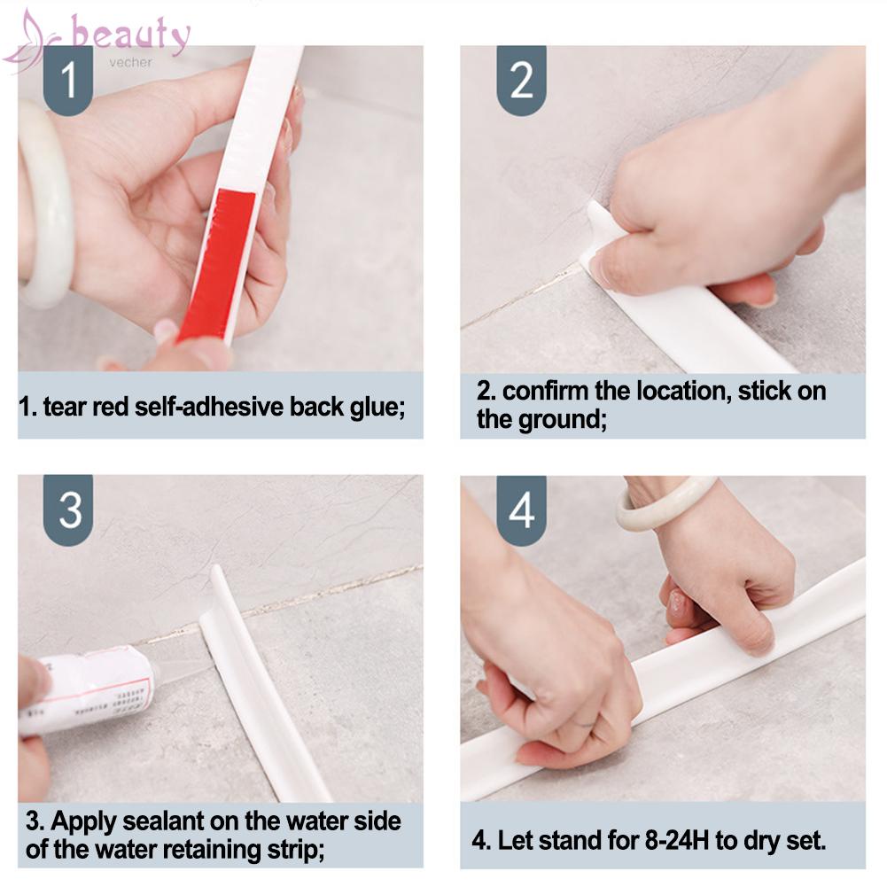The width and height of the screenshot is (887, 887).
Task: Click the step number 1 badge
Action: (x=68, y=81)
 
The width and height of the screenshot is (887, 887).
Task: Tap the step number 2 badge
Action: (x=521, y=81)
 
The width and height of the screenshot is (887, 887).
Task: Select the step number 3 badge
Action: (x=68, y=510)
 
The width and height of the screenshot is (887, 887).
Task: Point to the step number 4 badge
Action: (x=521, y=510)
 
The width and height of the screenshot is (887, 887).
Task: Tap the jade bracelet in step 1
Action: (x=45, y=205)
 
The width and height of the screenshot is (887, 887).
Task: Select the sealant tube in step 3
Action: (x=88, y=690)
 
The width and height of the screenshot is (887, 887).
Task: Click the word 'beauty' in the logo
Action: (x=130, y=35)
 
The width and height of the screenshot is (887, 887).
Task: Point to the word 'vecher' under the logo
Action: (x=130, y=62)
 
